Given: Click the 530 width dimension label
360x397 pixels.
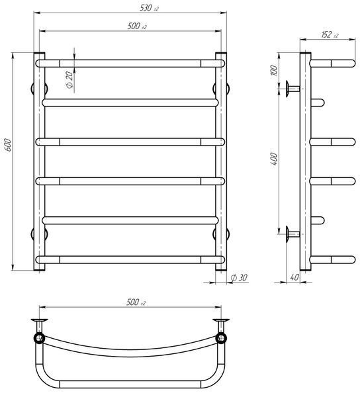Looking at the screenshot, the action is [x=149, y=8].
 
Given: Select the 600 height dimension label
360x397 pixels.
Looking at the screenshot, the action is [x=8, y=145].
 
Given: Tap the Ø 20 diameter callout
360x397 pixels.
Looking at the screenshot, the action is [x=69, y=79].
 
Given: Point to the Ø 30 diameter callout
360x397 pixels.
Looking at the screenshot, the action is [x=239, y=277].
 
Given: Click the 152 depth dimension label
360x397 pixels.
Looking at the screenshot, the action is [x=330, y=34].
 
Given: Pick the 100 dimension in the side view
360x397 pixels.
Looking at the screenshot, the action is [x=274, y=70].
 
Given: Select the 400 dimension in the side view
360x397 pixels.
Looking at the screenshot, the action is [x=274, y=159].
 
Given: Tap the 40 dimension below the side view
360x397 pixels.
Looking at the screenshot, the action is [x=294, y=277].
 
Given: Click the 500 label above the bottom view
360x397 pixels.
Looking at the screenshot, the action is [x=136, y=302].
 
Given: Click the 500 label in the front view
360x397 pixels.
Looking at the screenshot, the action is [x=137, y=26].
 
